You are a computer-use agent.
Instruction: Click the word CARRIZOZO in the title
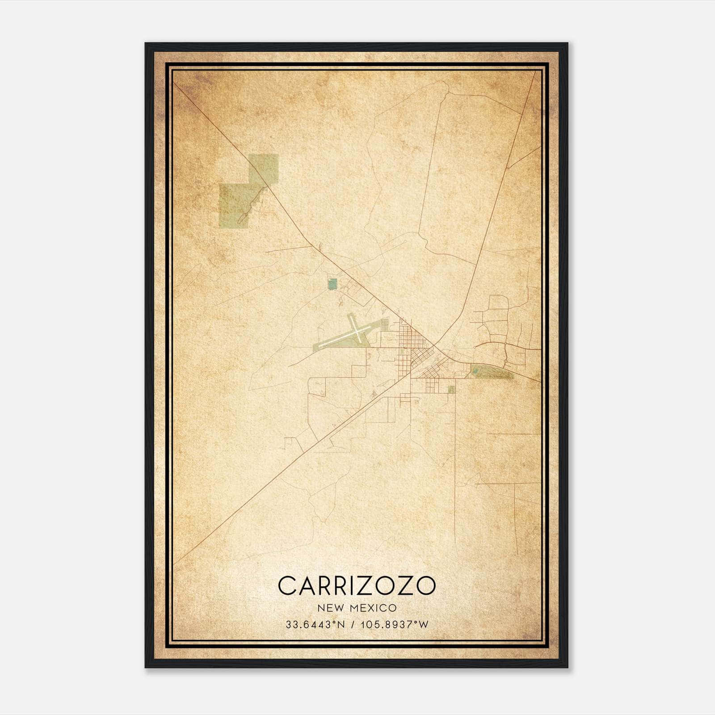click(357, 585)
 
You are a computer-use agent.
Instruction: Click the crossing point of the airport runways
click(357, 331)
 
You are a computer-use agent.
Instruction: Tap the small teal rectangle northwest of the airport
click(332, 284)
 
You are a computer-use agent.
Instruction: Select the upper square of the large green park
click(264, 168)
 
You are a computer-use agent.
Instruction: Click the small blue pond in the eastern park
click(478, 370)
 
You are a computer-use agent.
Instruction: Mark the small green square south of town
click(451, 389)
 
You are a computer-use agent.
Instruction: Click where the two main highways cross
click(434, 347)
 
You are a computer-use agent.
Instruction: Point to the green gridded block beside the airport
click(384, 325)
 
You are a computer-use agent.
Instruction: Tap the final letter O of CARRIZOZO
click(425, 585)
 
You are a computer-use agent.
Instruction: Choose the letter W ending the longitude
click(424, 625)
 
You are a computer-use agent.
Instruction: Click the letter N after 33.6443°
click(341, 625)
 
